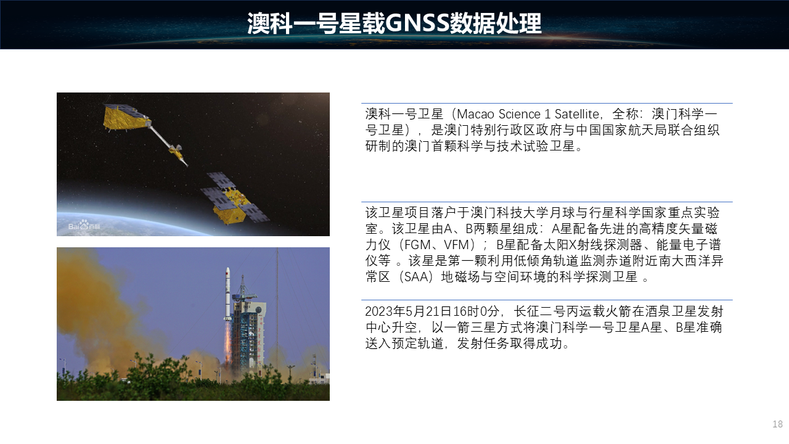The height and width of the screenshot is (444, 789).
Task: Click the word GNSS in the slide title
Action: [417, 23]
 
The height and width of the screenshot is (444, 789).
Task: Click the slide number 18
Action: [777, 424]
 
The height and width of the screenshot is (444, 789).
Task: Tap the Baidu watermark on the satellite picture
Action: [84, 225]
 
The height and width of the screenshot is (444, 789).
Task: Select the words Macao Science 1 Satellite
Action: [528, 114]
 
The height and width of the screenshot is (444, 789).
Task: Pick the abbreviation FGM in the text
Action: [417, 245]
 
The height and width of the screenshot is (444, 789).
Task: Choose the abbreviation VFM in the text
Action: [457, 245]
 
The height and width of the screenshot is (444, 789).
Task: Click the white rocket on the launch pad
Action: [227, 296]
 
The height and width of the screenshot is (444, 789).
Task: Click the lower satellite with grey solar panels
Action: [234, 199]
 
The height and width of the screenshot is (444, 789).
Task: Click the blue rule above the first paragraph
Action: [547, 103]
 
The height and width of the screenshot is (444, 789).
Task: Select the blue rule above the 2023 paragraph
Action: [547, 300]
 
